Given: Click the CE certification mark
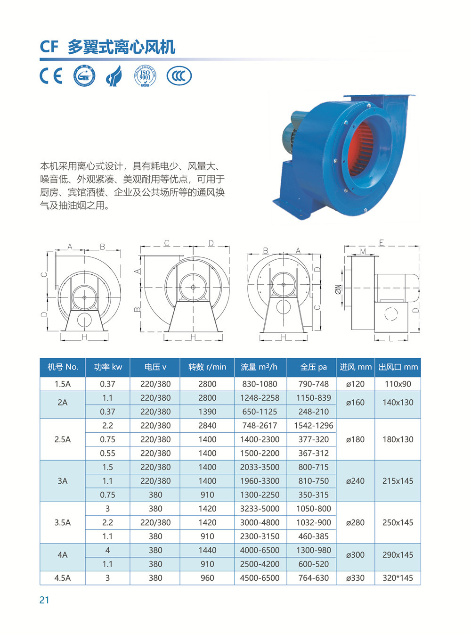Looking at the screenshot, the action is pos(51,76).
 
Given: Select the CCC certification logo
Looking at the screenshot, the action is pos(179,76).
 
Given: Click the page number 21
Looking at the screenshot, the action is pos(44,600).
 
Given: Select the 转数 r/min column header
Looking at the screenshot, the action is pos(207,367).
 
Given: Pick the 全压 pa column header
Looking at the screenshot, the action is pos(313,367).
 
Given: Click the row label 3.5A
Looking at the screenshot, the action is pos(62,522).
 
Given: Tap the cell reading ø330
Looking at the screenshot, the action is pos(355,578).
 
